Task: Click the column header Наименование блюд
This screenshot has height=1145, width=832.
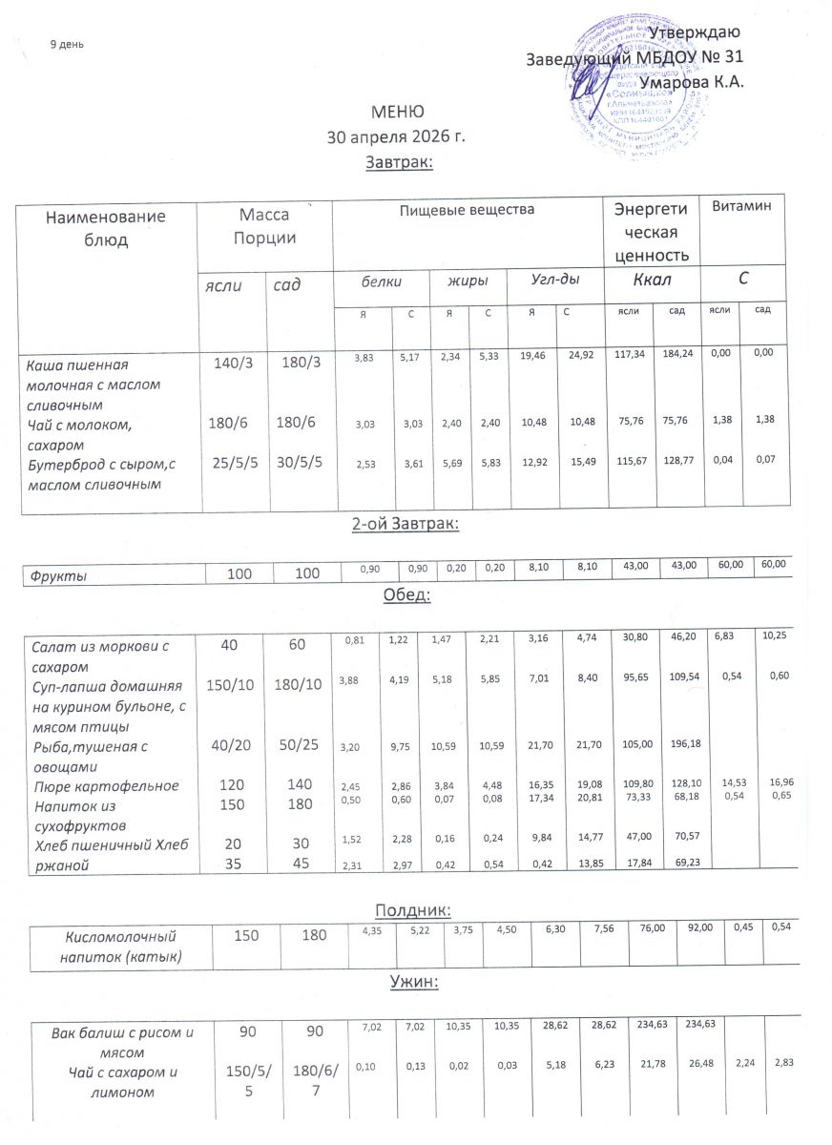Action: pos(106,227)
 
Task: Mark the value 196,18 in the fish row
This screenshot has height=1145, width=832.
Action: pos(675,746)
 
